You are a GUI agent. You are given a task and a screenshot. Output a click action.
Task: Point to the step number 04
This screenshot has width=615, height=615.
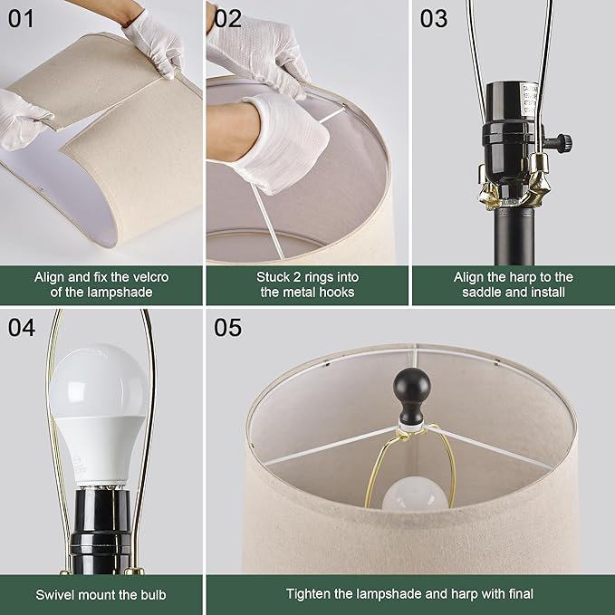click(21, 326)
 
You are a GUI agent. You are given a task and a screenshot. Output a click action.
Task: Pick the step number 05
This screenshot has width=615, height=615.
click(228, 326)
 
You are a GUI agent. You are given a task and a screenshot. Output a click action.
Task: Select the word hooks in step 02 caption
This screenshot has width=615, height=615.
click(333, 293)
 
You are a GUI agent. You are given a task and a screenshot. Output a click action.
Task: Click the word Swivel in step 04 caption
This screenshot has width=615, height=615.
click(59, 594)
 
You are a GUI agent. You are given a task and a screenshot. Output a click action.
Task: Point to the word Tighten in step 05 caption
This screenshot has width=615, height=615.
click(310, 594)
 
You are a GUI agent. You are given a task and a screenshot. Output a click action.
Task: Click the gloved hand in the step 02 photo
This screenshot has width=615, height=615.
click(281, 140)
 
